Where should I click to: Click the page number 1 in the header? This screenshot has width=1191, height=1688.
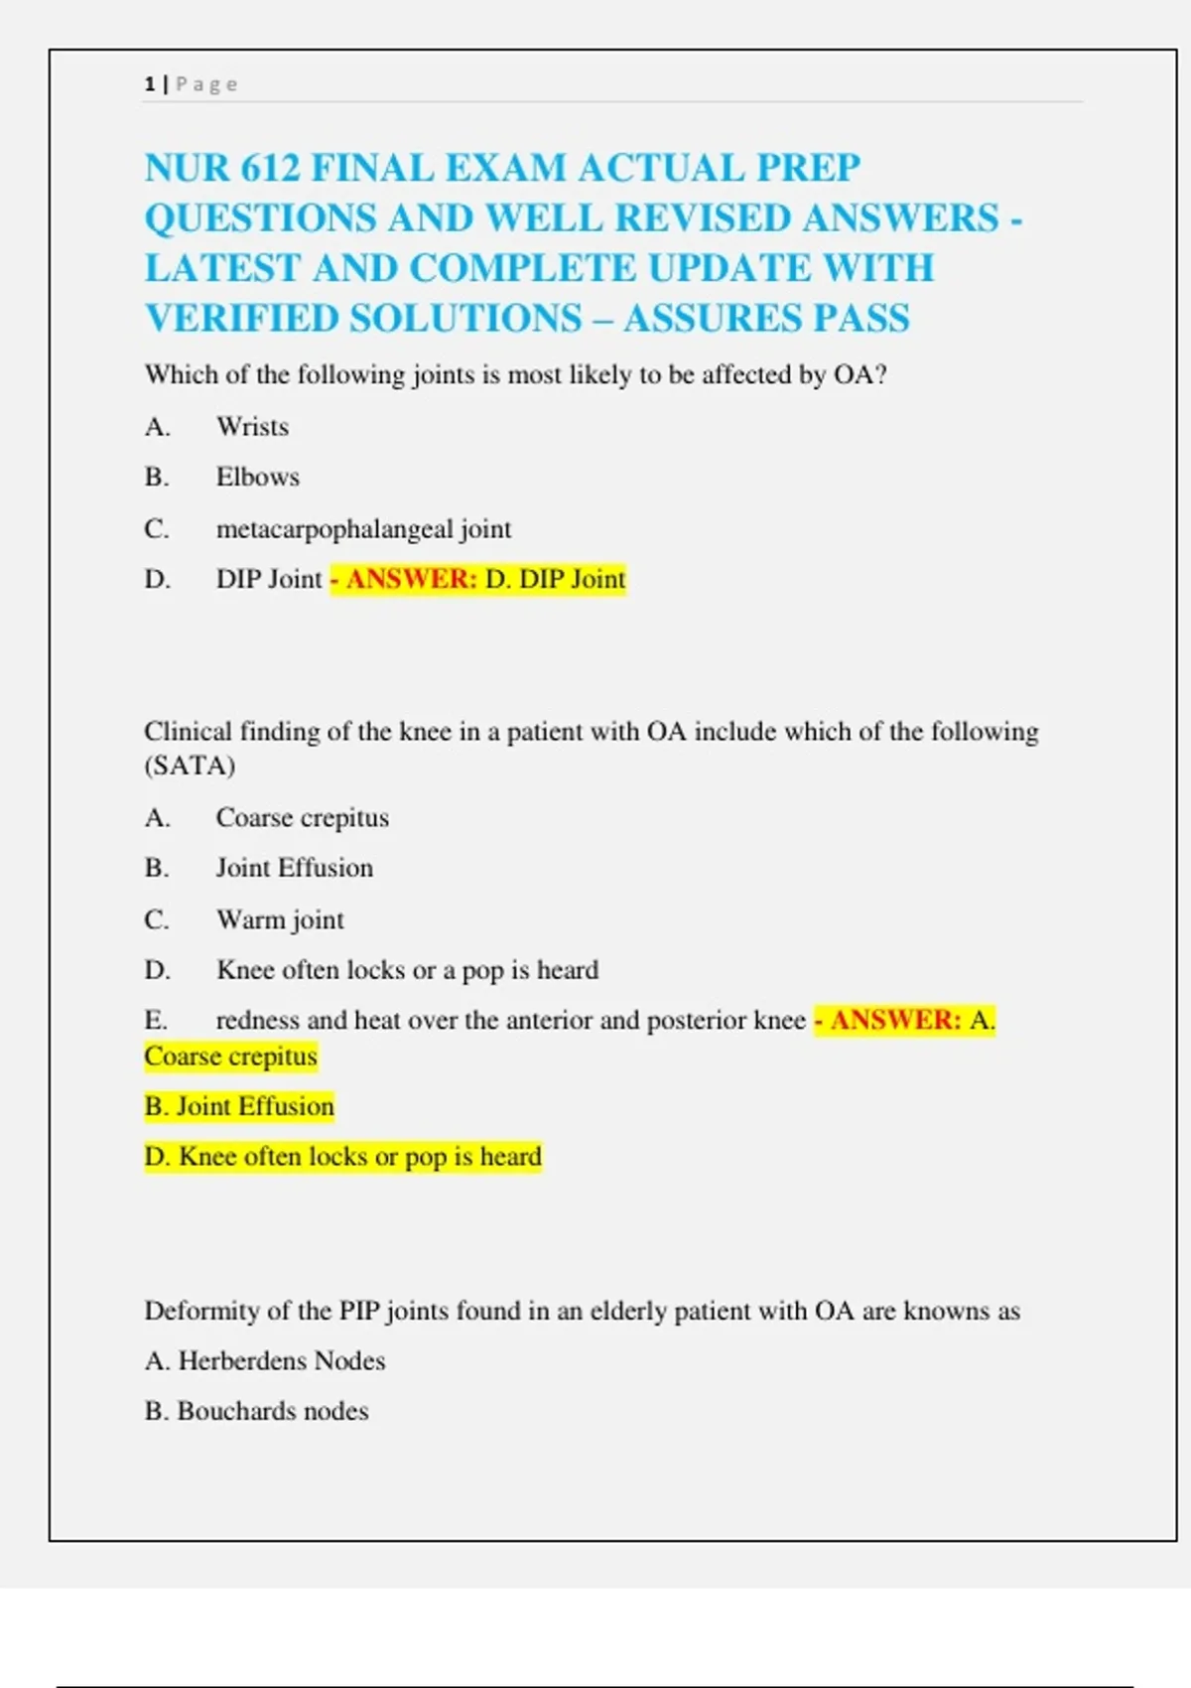[150, 84]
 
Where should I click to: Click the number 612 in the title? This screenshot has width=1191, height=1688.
[269, 168]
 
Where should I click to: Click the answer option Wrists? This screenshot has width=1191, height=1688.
[252, 427]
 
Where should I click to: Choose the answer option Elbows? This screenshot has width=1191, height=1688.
[257, 478]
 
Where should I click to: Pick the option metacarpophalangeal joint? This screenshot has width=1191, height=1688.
[363, 529]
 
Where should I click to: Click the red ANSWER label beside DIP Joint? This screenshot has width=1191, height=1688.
[411, 579]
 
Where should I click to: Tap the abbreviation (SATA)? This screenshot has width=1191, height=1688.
[190, 766]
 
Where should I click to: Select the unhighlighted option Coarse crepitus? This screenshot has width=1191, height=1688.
[302, 817]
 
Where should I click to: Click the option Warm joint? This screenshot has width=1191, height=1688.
[280, 919]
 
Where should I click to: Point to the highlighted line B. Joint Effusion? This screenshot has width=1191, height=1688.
[239, 1106]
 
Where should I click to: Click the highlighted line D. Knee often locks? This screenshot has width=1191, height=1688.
[342, 1157]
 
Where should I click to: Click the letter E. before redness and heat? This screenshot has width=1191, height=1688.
[156, 1020]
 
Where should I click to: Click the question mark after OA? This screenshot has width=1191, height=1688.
[879, 374]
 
